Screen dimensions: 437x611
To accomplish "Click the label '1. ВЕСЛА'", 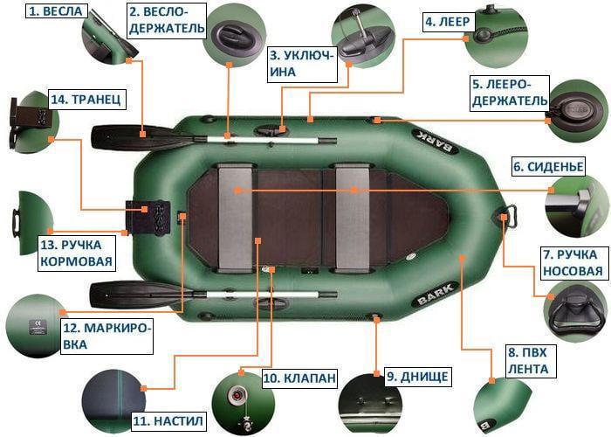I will [56, 11].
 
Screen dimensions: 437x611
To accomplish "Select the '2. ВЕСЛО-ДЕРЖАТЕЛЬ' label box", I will [168, 20].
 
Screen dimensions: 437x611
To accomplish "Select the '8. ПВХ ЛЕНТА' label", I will [527, 361].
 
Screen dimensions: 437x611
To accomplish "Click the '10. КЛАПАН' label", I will [299, 378].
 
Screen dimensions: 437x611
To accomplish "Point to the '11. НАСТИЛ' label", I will [168, 421].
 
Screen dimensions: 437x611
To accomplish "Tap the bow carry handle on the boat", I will [512, 212].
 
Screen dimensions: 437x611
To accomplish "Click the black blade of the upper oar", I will [122, 135].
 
